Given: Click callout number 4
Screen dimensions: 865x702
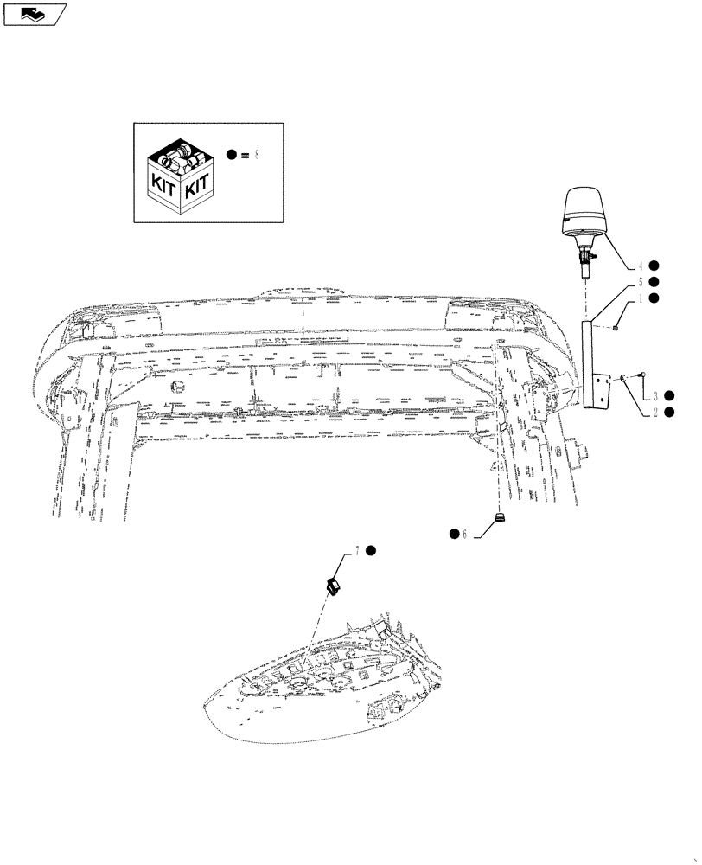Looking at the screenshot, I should [x=641, y=266].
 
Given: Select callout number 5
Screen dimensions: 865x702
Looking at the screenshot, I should [x=641, y=282].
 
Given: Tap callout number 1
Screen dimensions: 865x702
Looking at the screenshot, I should [x=641, y=298].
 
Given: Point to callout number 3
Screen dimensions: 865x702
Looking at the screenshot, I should [x=655, y=395].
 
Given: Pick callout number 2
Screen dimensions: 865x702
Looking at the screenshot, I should [x=655, y=413].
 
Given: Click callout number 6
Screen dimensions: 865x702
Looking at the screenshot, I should [x=464, y=535].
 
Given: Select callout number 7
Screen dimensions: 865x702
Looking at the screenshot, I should [x=355, y=551].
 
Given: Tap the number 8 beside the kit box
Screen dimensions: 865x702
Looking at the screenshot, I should [x=255, y=155].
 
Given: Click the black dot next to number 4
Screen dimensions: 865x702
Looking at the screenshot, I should [x=655, y=266].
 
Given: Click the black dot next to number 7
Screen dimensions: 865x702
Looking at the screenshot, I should [x=370, y=551].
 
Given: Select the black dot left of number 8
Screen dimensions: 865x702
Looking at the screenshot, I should [x=232, y=155].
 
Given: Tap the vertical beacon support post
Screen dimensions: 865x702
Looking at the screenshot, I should [x=590, y=363].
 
